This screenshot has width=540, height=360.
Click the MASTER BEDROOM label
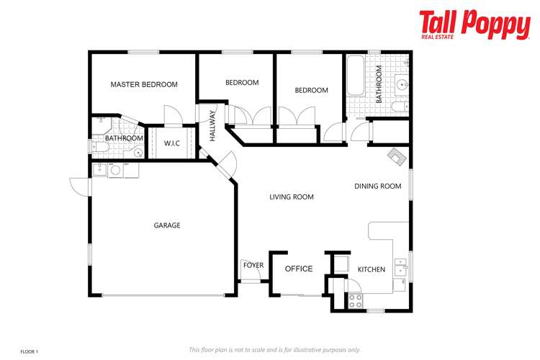143,84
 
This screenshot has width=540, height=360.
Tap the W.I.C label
171,143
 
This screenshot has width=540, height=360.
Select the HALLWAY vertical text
212,124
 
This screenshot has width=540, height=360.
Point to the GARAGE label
167,225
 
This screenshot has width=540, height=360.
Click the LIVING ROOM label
292,197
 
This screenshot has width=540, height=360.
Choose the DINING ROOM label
377,186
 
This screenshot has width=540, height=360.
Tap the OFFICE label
299,269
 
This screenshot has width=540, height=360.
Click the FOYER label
253,266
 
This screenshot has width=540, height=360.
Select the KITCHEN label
372,269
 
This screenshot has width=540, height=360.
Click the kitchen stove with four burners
356,301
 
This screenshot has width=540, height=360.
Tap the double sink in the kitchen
401,266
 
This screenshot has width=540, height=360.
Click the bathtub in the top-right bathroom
356,78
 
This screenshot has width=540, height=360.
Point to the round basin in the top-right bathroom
402,85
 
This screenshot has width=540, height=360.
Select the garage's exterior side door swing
79,186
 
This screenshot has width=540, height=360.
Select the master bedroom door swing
171,116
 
